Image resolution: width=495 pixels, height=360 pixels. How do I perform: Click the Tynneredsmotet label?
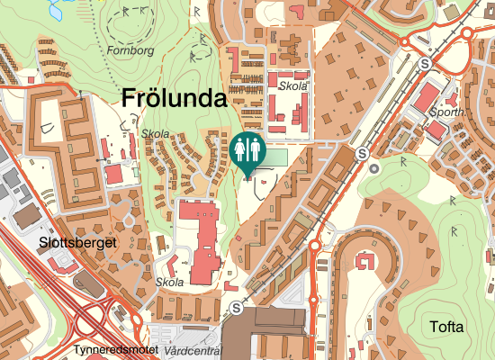[116, 349]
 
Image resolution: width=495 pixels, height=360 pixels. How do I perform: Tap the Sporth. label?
[447, 112]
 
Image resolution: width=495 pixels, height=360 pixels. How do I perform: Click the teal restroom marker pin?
[247, 152]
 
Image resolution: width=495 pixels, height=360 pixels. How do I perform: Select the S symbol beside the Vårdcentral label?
[237, 308]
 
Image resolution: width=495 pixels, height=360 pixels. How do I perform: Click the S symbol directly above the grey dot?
[363, 153]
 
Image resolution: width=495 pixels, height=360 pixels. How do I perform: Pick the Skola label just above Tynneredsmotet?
[169, 282]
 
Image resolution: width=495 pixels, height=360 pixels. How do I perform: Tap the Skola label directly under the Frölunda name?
[156, 133]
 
